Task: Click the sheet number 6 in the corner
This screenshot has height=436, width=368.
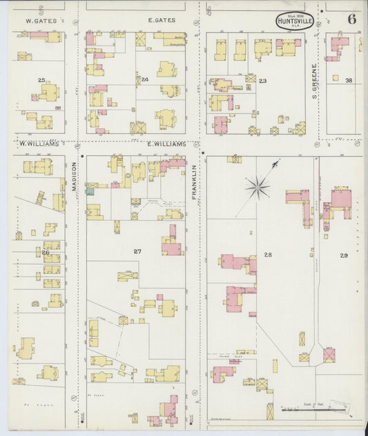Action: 352,19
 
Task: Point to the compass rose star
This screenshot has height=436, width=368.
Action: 258,186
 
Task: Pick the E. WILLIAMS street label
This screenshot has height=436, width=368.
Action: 166,143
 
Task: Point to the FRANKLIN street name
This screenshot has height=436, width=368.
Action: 195,181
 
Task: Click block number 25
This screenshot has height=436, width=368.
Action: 41,81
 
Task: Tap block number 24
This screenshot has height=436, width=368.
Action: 145,79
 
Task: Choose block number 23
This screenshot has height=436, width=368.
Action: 262,81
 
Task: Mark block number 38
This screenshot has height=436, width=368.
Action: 349,81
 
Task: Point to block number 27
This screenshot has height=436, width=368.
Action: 137,251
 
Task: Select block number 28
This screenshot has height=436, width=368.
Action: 268,255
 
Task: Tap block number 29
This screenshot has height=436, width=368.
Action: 343,255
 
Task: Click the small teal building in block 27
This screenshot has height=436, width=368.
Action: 90,191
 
